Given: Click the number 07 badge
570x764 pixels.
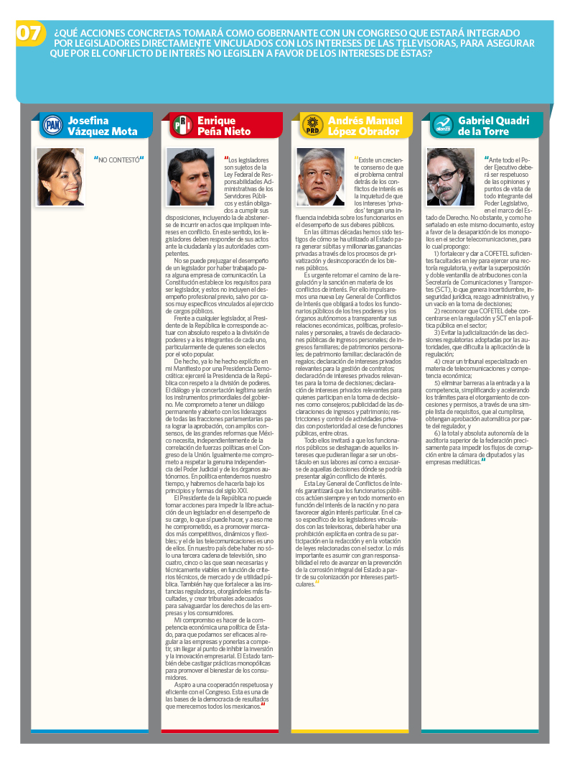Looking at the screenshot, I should pyautogui.click(x=29, y=34).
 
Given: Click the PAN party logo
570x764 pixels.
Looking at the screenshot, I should pyautogui.click(x=52, y=126).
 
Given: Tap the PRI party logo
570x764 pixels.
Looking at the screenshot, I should pyautogui.click(x=182, y=126).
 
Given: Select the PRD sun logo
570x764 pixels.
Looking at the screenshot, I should pyautogui.click(x=312, y=126).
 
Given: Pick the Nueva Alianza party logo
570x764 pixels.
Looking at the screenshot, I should pyautogui.click(x=442, y=126).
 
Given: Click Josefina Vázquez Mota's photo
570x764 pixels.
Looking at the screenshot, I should pyautogui.click(x=60, y=176).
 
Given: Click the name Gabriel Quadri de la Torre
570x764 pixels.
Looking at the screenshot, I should pyautogui.click(x=493, y=126).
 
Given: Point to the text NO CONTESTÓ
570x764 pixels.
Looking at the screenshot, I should pyautogui.click(x=118, y=159).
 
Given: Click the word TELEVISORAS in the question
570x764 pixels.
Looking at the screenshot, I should pyautogui.click(x=416, y=43).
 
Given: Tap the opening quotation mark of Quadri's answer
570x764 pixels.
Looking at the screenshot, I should pyautogui.click(x=486, y=157).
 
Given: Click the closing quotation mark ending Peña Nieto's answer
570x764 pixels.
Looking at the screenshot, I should pyautogui.click(x=263, y=704).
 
